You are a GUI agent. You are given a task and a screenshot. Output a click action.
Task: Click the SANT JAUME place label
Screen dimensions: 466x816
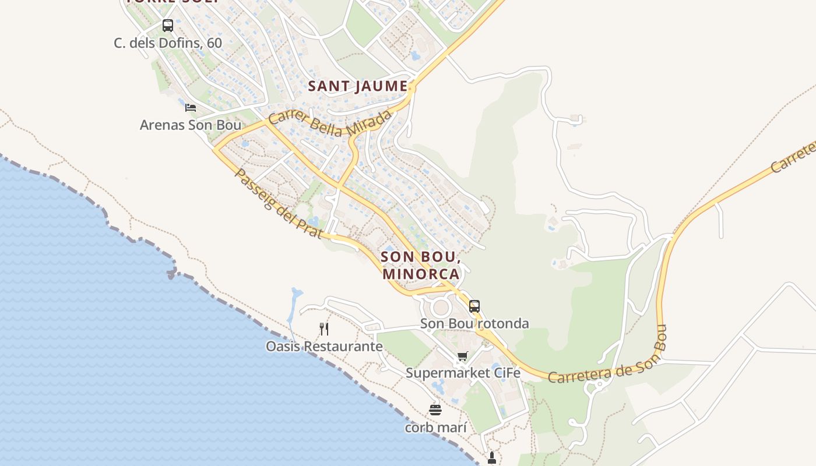point(357,86)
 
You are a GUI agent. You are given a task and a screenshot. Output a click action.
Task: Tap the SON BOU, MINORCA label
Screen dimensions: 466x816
point(421,264)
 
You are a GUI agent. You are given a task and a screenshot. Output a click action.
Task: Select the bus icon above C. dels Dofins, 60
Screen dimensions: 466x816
point(168,26)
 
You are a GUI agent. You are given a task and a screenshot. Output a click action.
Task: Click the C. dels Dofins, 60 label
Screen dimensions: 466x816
point(168,43)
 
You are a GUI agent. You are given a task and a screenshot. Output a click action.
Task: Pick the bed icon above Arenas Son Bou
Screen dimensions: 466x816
point(190,108)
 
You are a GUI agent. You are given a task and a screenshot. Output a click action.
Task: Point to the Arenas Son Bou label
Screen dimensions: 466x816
point(190,125)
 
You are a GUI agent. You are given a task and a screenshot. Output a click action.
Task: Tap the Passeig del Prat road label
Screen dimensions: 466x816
point(279,204)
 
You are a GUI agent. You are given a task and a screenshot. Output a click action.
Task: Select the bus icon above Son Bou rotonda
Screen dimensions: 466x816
point(474,306)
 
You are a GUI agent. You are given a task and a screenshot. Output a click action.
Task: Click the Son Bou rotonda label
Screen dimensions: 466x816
point(474,323)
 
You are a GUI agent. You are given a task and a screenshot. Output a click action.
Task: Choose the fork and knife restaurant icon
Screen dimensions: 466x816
point(324,329)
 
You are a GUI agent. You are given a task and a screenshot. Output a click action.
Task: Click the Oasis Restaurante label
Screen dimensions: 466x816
point(324,347)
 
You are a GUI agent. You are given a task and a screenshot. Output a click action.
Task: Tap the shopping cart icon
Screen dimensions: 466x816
point(462,356)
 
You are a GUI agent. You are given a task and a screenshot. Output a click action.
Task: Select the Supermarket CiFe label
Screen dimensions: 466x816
point(463,373)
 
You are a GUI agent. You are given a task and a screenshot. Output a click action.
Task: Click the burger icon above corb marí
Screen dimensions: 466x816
point(435,410)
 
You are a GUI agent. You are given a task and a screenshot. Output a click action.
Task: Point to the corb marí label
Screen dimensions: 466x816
point(436,428)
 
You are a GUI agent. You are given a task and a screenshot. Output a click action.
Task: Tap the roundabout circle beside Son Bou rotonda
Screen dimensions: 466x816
point(441,307)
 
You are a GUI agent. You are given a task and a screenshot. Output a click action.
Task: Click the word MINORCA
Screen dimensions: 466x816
point(421,273)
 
